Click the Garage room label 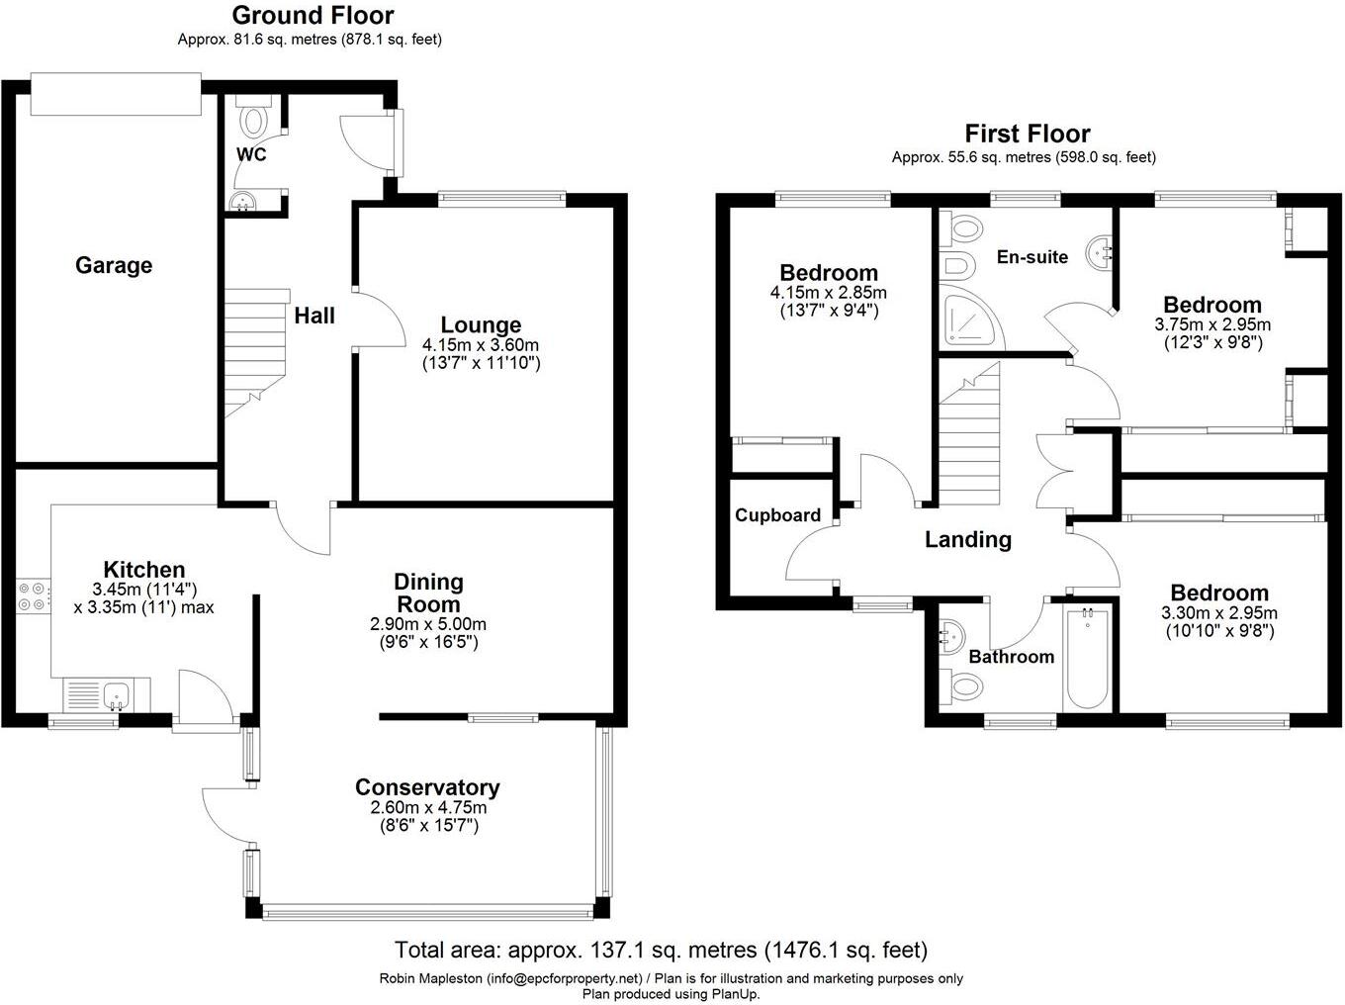pos(114,265)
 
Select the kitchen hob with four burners pos(32,596)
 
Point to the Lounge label pos(481,324)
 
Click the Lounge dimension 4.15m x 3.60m pos(481,345)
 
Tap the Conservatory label pos(427,787)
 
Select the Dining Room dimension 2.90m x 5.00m pos(428,625)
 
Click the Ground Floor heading pos(313,16)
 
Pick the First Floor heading pos(1027,134)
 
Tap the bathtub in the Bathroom pos(1087,659)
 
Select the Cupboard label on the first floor pos(777,515)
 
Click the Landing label pos(967,540)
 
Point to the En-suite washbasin pos(1101,251)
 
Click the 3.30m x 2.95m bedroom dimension pos(1219,612)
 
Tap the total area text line pos(661,951)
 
